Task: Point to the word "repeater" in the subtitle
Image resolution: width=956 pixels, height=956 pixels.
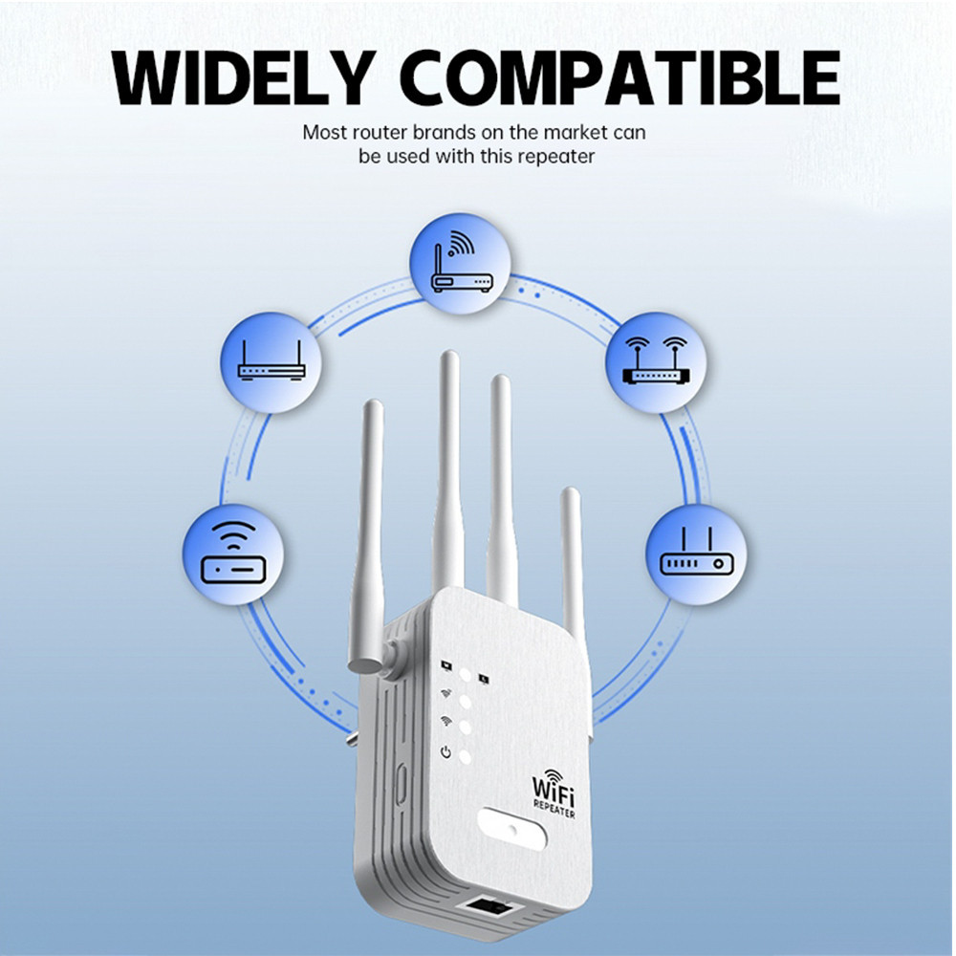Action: click(x=555, y=157)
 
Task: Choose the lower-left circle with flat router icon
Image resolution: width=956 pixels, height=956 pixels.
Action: click(x=232, y=554)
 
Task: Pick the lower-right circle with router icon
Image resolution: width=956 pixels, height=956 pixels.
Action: click(x=696, y=554)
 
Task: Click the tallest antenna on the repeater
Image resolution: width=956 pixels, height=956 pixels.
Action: click(x=447, y=468)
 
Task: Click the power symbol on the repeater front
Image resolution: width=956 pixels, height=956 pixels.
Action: click(x=445, y=753)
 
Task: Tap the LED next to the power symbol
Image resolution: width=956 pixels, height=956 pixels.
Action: click(x=466, y=756)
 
